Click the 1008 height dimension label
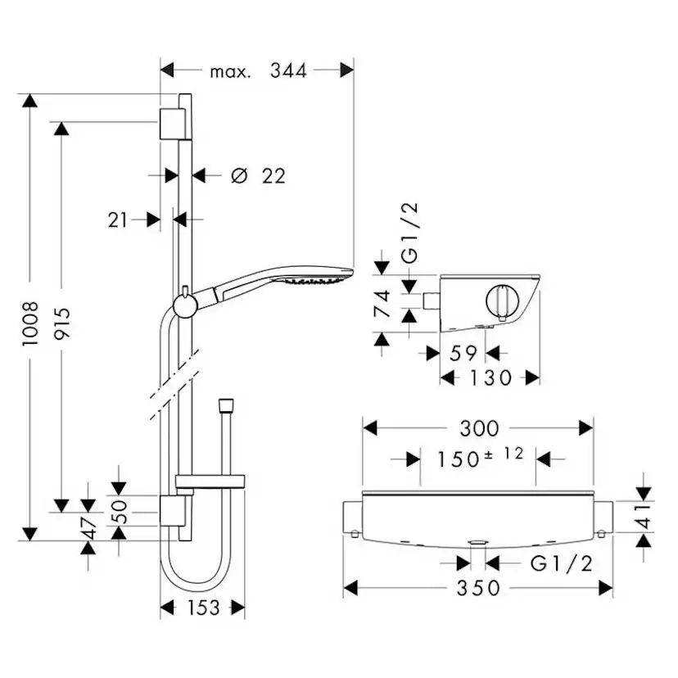[30, 324]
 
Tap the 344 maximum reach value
[288, 71]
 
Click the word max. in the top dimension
[230, 72]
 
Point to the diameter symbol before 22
[238, 175]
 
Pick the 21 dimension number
[119, 219]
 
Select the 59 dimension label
[463, 353]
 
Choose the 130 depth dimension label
[490, 377]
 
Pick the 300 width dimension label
[478, 428]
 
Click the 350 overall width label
[478, 588]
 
